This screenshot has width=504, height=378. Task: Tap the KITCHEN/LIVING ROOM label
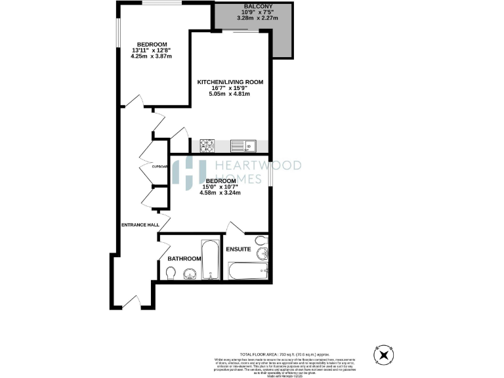[230, 82]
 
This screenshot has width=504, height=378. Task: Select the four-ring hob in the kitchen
[207, 144]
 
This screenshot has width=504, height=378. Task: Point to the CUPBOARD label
[160, 167]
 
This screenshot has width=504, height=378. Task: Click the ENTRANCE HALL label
[140, 225]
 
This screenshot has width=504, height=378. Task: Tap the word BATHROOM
[184, 259]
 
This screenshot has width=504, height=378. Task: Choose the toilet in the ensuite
[261, 240]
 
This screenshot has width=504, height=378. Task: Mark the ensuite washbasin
[263, 253]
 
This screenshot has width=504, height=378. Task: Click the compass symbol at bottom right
[384, 355]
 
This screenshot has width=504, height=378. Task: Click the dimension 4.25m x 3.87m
[151, 56]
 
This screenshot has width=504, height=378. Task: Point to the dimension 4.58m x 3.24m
[220, 192]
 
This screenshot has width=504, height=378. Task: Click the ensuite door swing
[234, 228]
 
